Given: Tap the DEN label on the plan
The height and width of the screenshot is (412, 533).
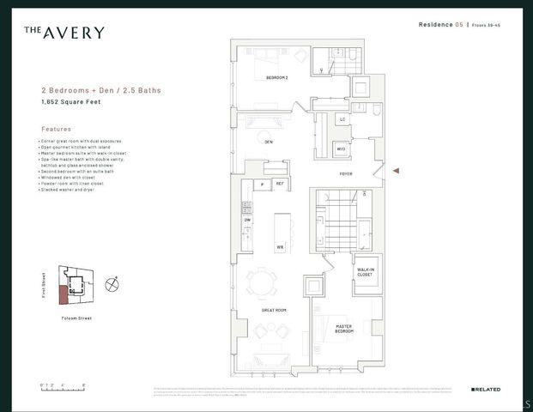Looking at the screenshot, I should [x=269, y=141].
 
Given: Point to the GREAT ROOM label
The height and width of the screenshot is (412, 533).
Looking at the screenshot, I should [x=274, y=309].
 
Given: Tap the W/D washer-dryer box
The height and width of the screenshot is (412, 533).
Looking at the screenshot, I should [x=341, y=149].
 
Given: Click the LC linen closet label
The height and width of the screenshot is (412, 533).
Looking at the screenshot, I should [x=342, y=119].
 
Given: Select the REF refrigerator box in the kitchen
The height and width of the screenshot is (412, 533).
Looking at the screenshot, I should [x=279, y=184].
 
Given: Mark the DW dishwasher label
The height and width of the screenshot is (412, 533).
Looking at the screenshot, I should [x=247, y=221].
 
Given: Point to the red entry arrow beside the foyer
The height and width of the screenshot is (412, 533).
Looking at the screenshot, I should [x=396, y=172].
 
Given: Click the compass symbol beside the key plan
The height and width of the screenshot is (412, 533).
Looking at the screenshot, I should [x=111, y=284].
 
